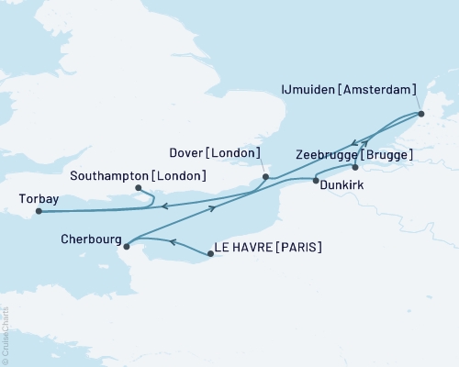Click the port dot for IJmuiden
pos(421,115)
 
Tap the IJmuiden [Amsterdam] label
pos(348,90)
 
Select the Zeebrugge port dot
pos(354,168)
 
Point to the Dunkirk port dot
pos(316,181)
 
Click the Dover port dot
pos(265,177)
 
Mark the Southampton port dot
pos(138,189)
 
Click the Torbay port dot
pos(39,212)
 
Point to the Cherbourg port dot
pos(125,245)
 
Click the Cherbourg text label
pos(88,235)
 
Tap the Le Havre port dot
pos(211,254)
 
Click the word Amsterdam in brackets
pos(383,90)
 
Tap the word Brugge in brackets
pos(389,155)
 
